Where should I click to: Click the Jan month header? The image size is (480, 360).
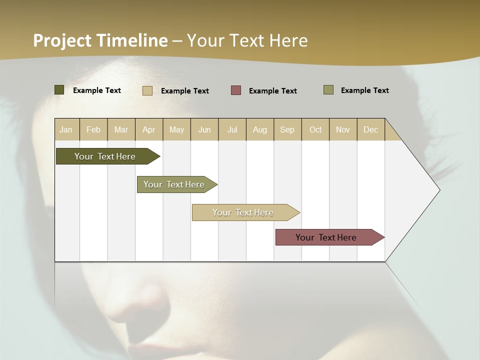[66, 129]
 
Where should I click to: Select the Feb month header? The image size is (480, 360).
[93, 129]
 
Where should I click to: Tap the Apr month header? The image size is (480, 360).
[149, 129]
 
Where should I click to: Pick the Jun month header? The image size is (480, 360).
[204, 129]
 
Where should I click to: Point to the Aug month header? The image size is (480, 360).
[260, 129]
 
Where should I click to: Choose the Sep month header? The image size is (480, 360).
[287, 129]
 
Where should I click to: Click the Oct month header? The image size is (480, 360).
[315, 129]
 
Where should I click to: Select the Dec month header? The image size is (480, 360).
[371, 129]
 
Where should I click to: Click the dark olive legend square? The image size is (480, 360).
[59, 90]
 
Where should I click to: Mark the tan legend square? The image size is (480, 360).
[147, 90]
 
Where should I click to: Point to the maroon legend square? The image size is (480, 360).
[236, 90]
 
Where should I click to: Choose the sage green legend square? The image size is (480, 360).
[328, 90]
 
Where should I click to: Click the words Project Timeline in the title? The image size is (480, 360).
[100, 40]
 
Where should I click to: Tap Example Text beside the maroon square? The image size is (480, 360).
[273, 91]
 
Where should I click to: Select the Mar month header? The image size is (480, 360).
[121, 129]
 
